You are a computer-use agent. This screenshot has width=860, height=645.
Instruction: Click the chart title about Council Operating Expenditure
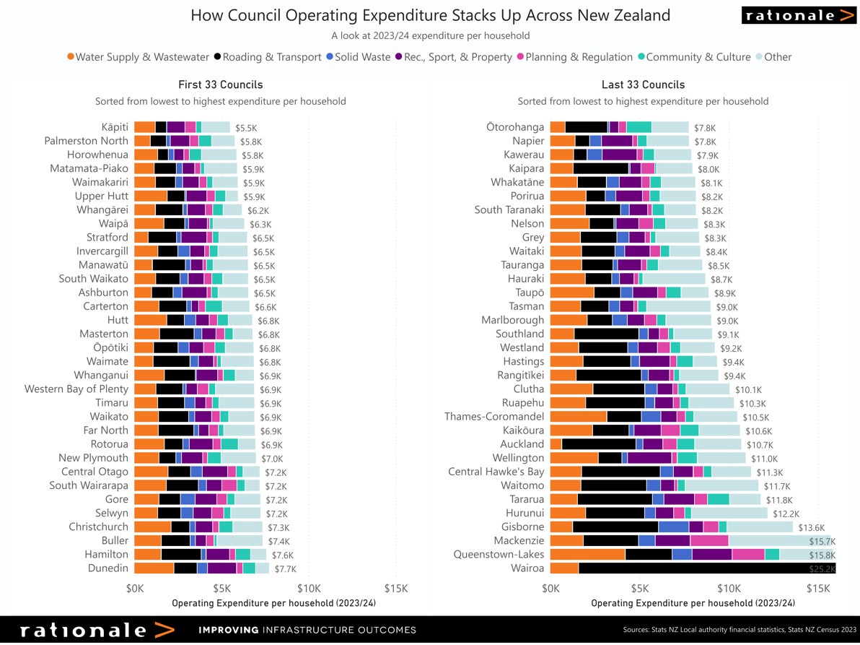pos(430,15)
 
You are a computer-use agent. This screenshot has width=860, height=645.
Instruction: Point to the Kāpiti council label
pos(115,127)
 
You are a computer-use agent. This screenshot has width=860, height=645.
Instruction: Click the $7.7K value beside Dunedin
pos(286,568)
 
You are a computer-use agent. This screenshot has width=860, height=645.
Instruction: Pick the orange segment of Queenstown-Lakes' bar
pos(587,554)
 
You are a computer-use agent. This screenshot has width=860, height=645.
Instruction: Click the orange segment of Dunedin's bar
pos(154,568)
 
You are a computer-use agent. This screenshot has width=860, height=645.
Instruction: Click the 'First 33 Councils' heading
pos(220,85)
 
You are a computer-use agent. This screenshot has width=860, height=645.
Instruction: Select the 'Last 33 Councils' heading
pos(643,85)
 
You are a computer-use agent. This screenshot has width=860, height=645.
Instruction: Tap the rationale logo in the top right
pos(798,15)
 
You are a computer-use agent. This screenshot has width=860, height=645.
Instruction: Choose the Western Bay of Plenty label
pos(76,389)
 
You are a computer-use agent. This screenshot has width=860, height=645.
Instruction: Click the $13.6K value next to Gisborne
pos(810,527)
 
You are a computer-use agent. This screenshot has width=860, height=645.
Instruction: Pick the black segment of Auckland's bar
pos(598,444)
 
